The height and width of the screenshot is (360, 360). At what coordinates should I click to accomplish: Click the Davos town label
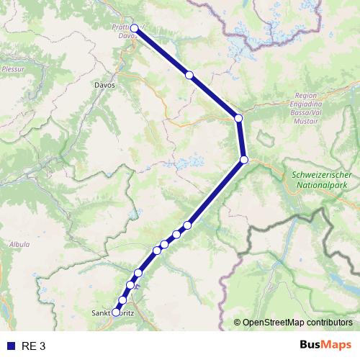(104, 84)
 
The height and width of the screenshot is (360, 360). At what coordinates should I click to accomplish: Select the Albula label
(19, 244)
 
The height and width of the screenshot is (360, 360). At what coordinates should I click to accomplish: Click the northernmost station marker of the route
(134, 29)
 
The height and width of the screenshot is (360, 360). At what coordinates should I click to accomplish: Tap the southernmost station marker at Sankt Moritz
(116, 312)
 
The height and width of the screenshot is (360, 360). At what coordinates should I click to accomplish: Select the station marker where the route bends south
(238, 118)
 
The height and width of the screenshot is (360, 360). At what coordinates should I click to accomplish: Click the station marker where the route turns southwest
(244, 159)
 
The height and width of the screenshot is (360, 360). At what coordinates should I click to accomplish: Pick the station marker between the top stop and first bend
(189, 75)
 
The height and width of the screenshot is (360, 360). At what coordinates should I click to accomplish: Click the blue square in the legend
(10, 346)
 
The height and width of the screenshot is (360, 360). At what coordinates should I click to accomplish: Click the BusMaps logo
(325, 345)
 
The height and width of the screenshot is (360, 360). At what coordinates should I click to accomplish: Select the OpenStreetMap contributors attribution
(297, 323)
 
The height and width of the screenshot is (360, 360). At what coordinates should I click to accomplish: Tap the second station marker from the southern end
(123, 300)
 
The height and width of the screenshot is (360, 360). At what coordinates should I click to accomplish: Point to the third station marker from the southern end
(130, 285)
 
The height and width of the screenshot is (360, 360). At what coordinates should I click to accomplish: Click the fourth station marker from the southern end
(139, 273)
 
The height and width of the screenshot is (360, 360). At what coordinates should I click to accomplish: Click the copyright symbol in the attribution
(238, 323)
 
